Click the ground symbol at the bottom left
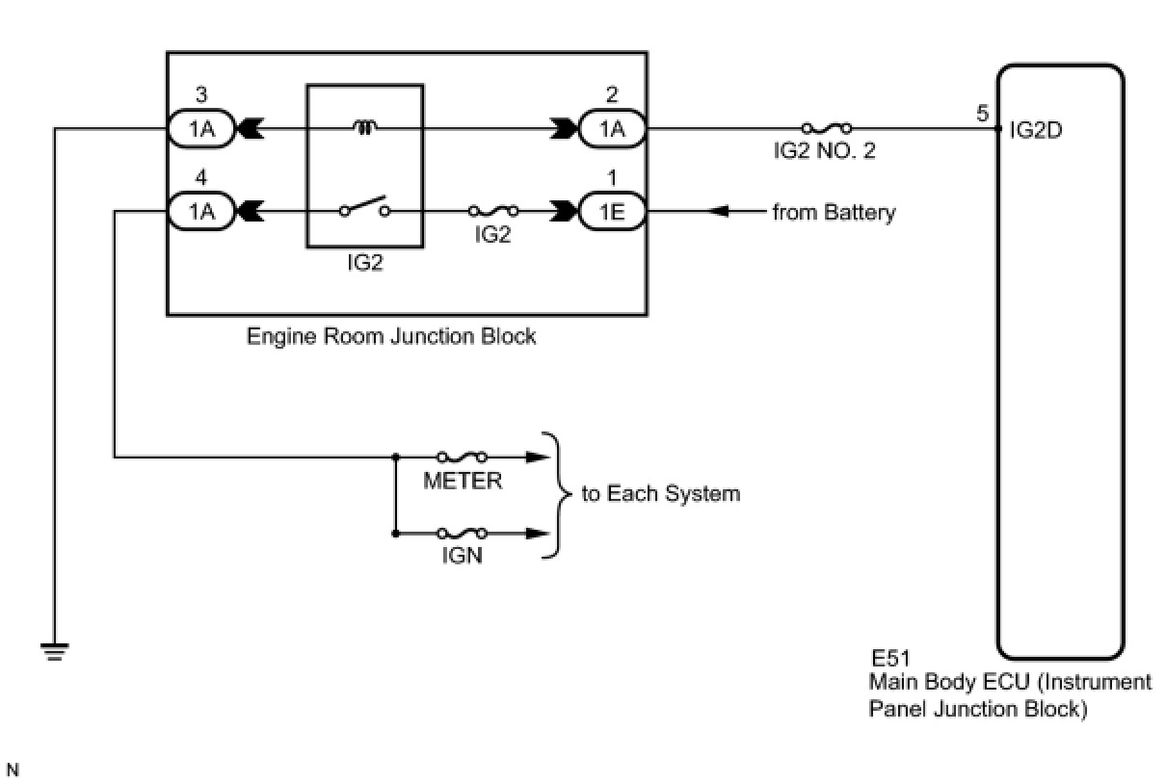(56, 653)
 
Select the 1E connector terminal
(611, 211)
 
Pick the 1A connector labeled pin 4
(200, 211)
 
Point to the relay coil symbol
(364, 126)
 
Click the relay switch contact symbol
(364, 208)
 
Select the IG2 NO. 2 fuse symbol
(826, 127)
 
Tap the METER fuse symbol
(462, 457)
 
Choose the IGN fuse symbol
(462, 533)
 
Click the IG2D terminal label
(1036, 130)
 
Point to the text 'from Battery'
(834, 212)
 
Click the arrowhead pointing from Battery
(718, 211)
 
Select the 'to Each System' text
(661, 494)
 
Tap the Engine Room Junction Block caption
(391, 336)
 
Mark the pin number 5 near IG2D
(982, 114)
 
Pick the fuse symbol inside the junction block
(491, 211)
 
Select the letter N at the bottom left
(13, 769)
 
